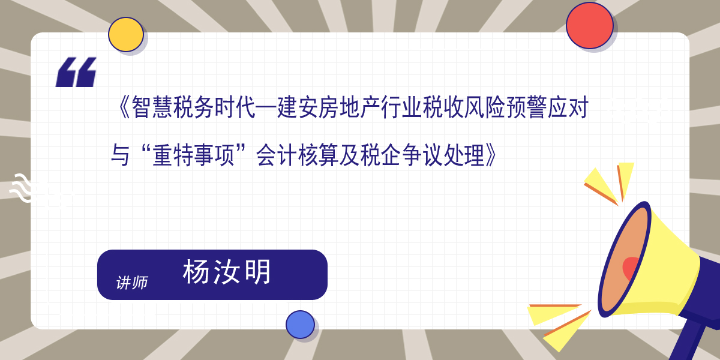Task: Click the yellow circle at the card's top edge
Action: tap(125, 34)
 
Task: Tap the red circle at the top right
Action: tap(589, 26)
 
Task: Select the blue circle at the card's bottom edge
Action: tap(300, 325)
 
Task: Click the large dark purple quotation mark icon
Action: tap(76, 72)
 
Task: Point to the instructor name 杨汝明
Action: tap(227, 272)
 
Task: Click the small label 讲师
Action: tap(132, 283)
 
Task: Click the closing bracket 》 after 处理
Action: tap(492, 155)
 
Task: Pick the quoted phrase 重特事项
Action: tap(193, 155)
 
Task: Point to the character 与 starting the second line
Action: tap(120, 155)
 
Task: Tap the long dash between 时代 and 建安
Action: tap(266, 108)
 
